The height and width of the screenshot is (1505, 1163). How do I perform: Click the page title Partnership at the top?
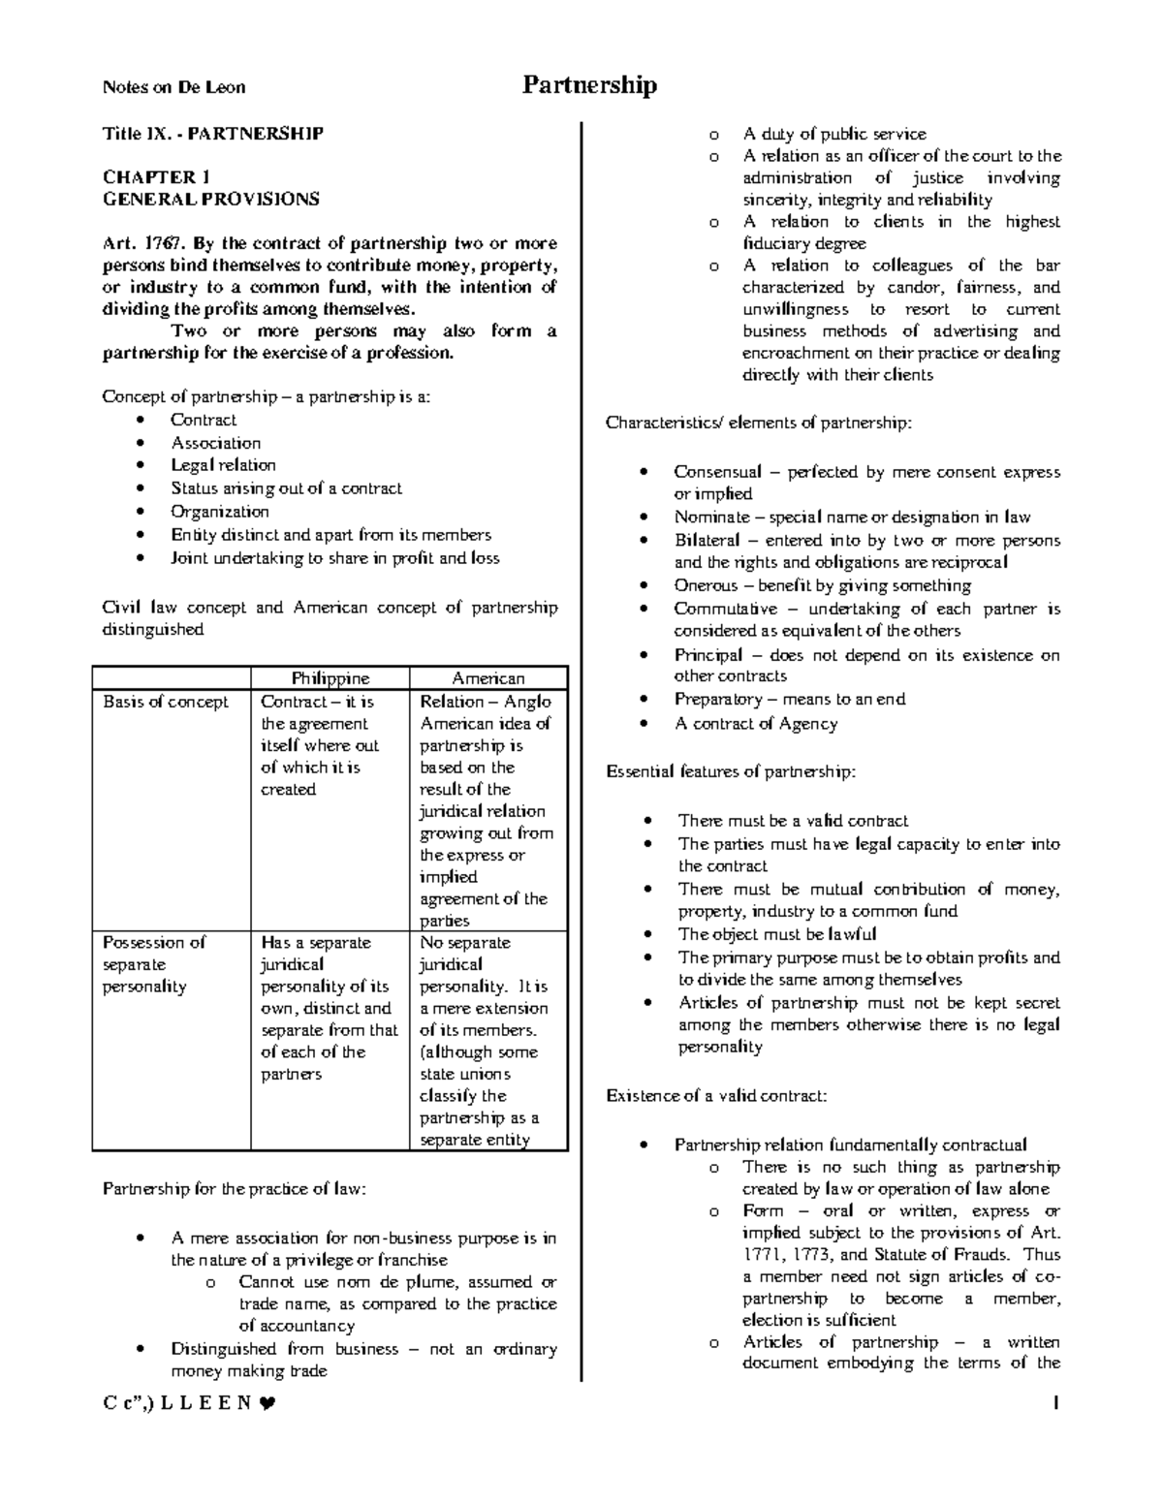pyautogui.click(x=589, y=85)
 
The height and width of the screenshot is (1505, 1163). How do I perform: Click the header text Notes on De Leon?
pyautogui.click(x=173, y=87)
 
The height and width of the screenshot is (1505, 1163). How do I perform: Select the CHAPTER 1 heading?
pyautogui.click(x=156, y=177)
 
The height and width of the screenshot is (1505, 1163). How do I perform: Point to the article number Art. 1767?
pyautogui.click(x=136, y=243)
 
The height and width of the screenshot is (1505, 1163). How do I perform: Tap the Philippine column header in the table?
pyautogui.click(x=330, y=678)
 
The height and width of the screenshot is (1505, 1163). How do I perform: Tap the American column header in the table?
pyautogui.click(x=488, y=678)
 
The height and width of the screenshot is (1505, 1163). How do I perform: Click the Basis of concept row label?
pyautogui.click(x=166, y=702)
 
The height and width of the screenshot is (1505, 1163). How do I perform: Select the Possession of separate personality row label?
pyautogui.click(x=154, y=964)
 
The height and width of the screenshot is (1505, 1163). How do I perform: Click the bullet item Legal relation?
pyautogui.click(x=223, y=465)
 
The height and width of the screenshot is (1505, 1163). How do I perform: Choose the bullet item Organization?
pyautogui.click(x=220, y=512)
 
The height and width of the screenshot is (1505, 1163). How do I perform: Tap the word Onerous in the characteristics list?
pyautogui.click(x=707, y=585)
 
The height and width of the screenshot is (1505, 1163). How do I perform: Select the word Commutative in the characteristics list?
pyautogui.click(x=725, y=609)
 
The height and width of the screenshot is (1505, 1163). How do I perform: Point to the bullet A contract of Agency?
pyautogui.click(x=756, y=723)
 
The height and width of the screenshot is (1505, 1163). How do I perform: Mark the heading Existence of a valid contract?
pyautogui.click(x=716, y=1096)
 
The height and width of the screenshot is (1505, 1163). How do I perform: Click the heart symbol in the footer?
pyautogui.click(x=267, y=1402)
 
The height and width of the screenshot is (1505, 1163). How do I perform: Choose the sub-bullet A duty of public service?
pyautogui.click(x=834, y=134)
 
